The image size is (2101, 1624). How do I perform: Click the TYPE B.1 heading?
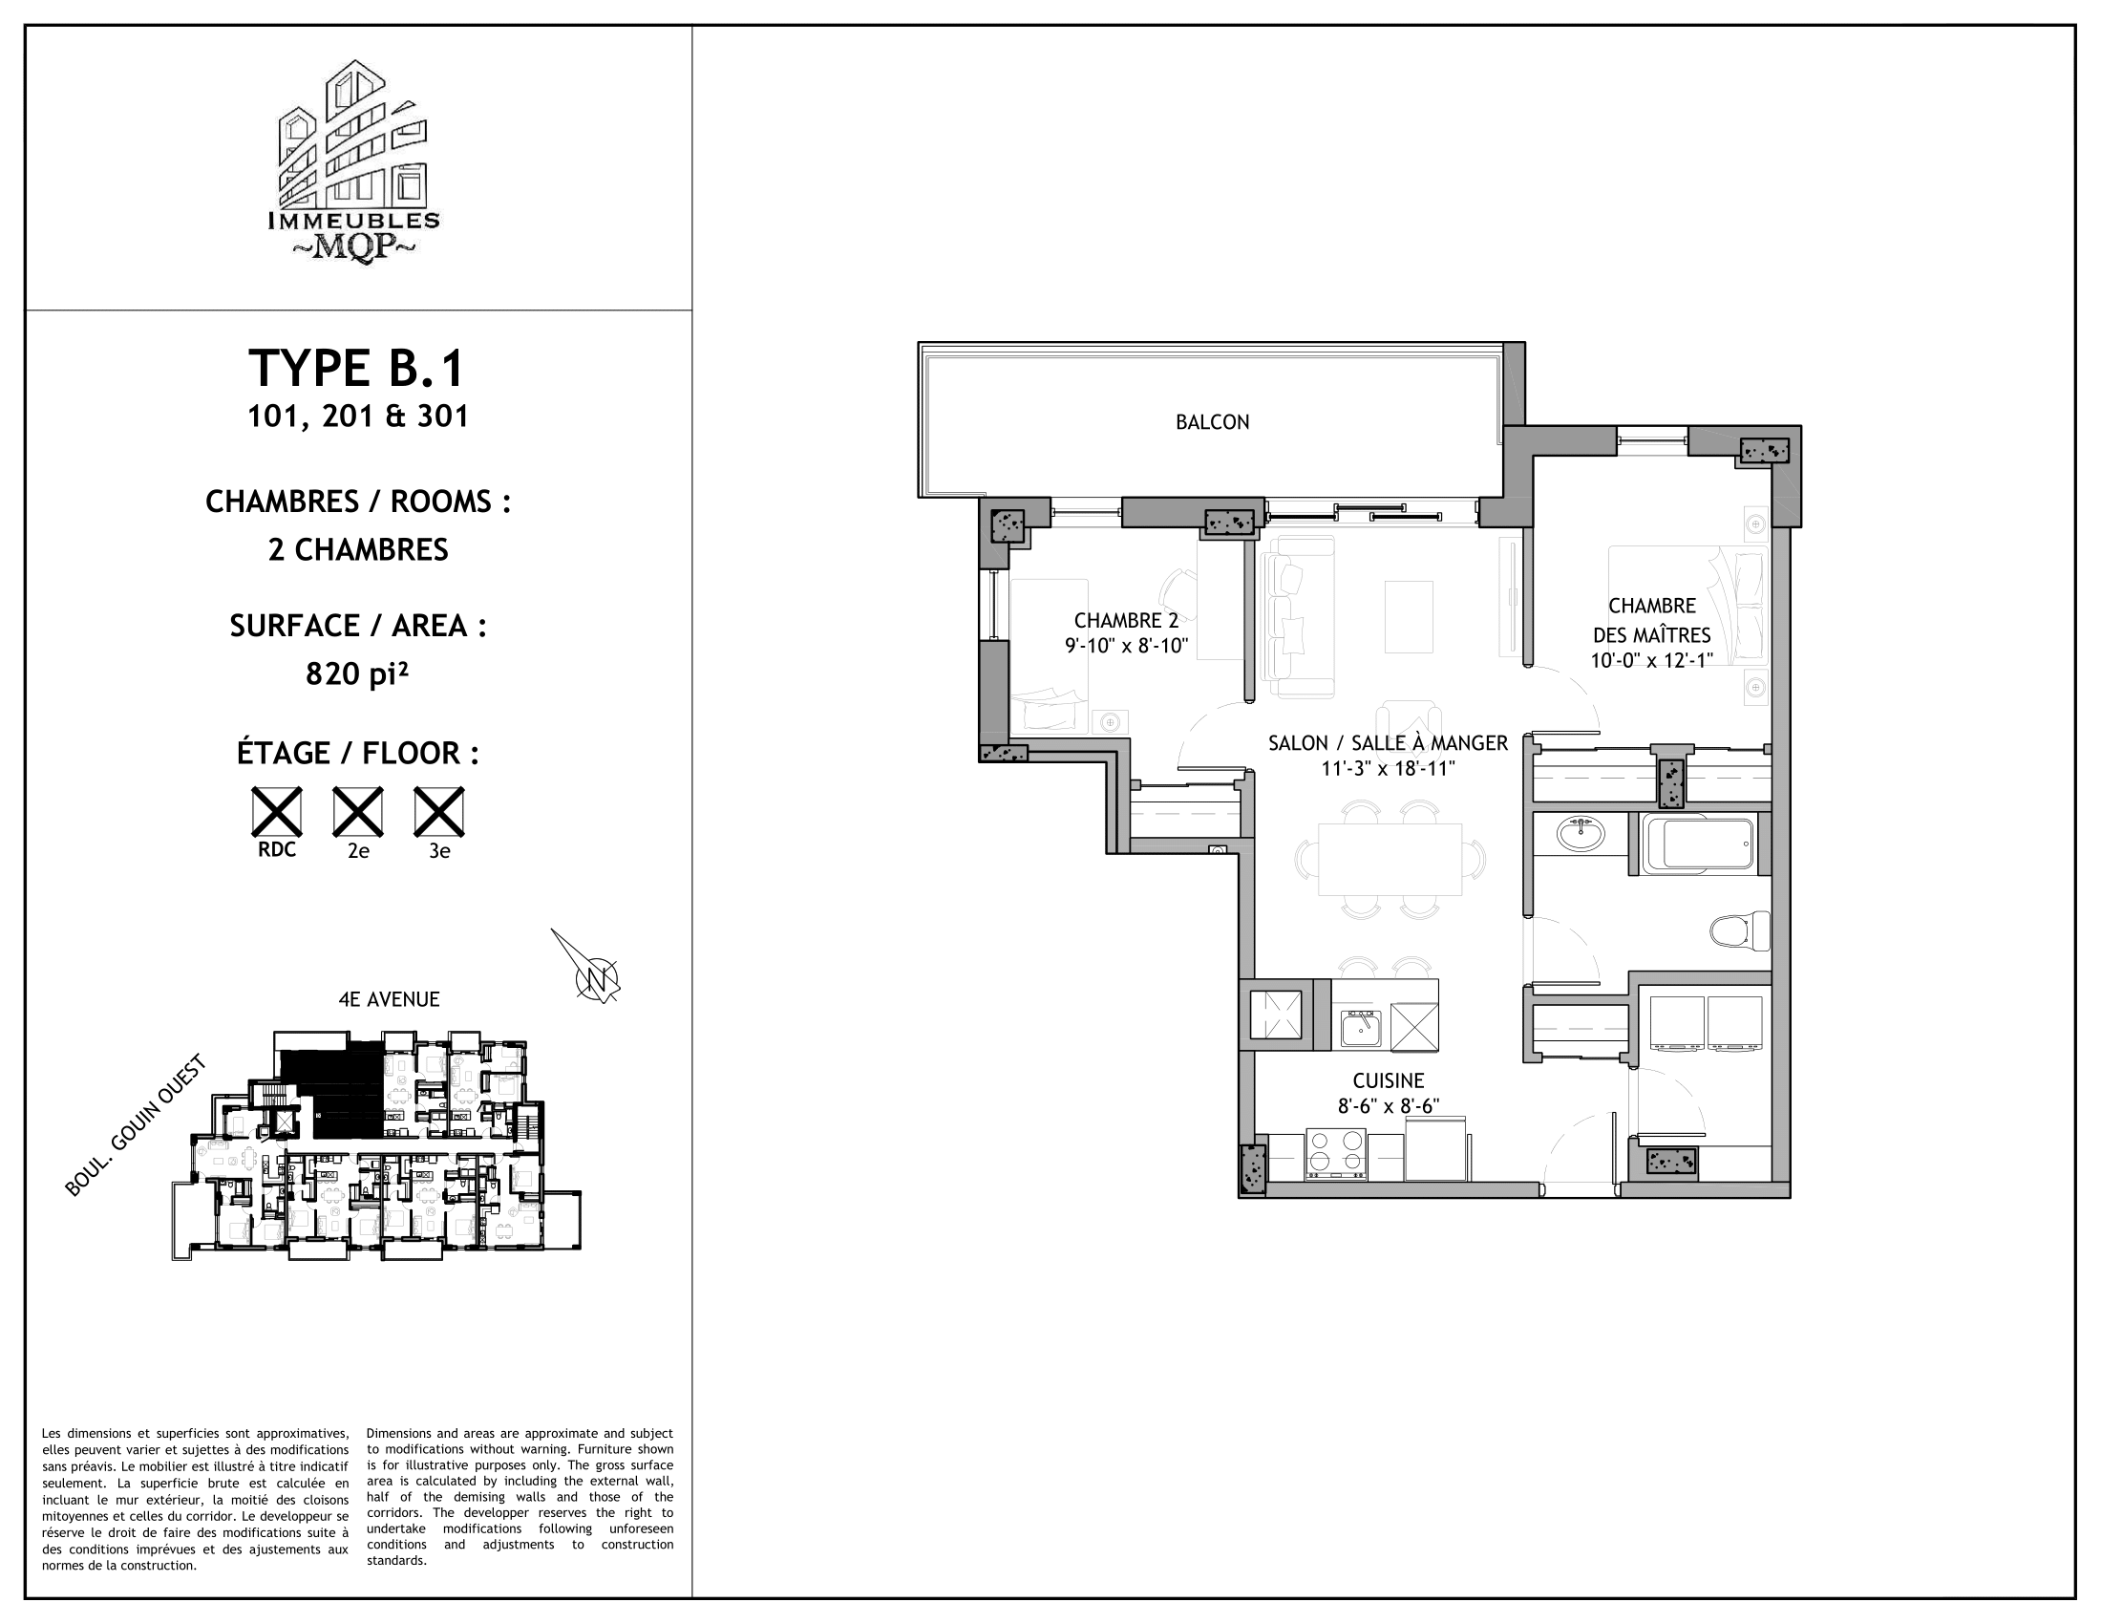pyautogui.click(x=357, y=369)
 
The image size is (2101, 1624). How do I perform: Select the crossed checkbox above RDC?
pyautogui.click(x=276, y=811)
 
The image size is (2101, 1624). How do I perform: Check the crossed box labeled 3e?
pyautogui.click(x=438, y=811)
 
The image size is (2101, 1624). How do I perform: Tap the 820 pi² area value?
pyautogui.click(x=357, y=674)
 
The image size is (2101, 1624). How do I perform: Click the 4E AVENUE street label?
pyautogui.click(x=389, y=999)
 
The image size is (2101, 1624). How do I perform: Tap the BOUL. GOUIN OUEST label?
pyautogui.click(x=136, y=1126)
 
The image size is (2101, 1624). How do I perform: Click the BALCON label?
pyautogui.click(x=1212, y=421)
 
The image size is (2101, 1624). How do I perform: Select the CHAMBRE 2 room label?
pyautogui.click(x=1126, y=621)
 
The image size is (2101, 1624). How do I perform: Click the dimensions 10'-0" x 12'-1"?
pyautogui.click(x=1651, y=661)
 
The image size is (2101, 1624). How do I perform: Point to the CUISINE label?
pyautogui.click(x=1388, y=1080)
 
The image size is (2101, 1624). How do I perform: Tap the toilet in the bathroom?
pyautogui.click(x=1740, y=930)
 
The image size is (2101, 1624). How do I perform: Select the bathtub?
pyautogui.click(x=1697, y=844)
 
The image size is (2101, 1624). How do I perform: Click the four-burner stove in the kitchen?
pyautogui.click(x=1336, y=1154)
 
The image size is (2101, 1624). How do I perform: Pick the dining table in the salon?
pyautogui.click(x=1390, y=859)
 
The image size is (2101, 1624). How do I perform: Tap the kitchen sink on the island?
pyautogui.click(x=1361, y=1029)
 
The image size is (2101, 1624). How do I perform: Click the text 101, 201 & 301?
pyautogui.click(x=358, y=417)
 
